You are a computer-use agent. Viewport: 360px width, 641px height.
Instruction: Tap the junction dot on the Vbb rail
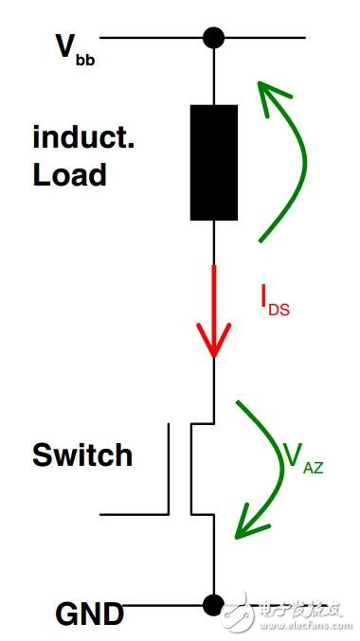tap(214, 38)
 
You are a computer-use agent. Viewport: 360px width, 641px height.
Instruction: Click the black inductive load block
tap(214, 163)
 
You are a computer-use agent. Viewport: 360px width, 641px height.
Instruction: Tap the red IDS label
tap(275, 300)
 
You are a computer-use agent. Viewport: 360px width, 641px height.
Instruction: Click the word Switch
tap(82, 455)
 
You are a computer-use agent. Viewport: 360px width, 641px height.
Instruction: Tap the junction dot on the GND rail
tap(214, 602)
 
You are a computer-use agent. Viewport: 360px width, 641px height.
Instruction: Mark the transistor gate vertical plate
tap(171, 469)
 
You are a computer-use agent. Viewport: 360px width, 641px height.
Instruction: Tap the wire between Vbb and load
tap(214, 76)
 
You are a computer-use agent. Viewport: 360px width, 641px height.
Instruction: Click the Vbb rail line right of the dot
tap(265, 38)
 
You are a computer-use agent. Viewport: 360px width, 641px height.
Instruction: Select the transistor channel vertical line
tap(192, 469)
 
